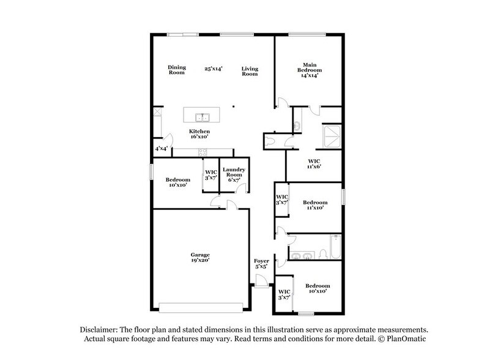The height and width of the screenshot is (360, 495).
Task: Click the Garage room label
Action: coord(199,254)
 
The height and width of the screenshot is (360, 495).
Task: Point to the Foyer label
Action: coord(262,261)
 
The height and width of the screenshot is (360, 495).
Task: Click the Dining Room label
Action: coord(177,70)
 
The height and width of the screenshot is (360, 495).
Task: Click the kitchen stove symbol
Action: coord(203,152)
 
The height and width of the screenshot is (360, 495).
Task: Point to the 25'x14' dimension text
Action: coord(213,70)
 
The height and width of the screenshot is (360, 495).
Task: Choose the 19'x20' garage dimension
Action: coord(199,260)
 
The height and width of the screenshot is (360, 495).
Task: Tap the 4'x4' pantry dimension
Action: coord(160,149)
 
